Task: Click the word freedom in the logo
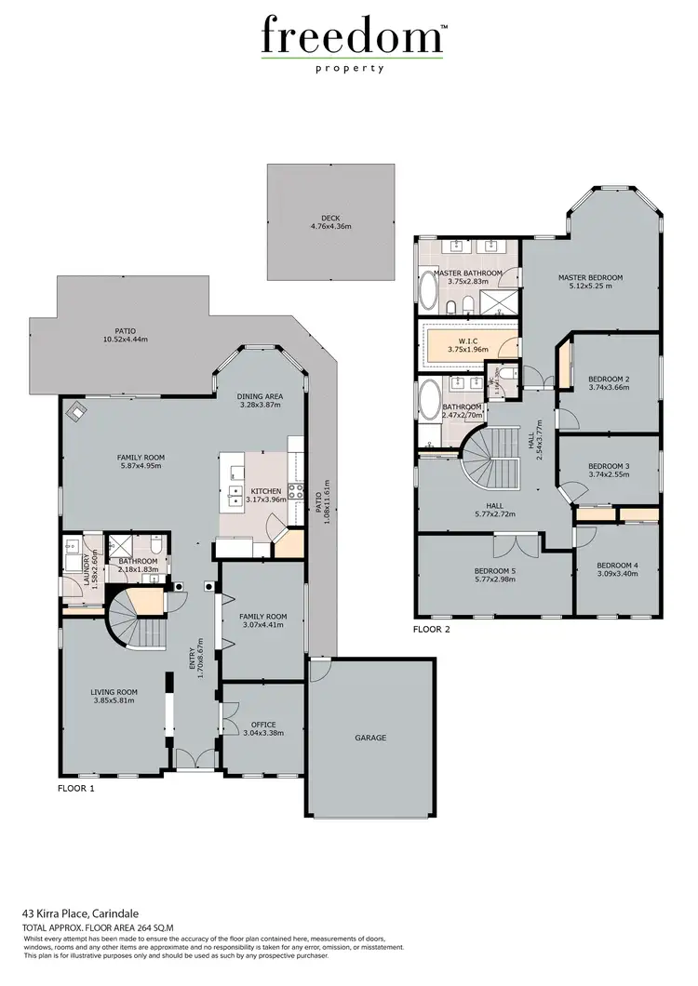(x=351, y=37)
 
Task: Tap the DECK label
(x=330, y=219)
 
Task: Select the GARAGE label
(x=370, y=738)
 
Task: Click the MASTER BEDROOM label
(x=590, y=277)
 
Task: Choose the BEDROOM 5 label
(x=494, y=570)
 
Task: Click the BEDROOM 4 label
(x=617, y=566)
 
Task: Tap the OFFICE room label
(x=264, y=725)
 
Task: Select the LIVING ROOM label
(x=114, y=692)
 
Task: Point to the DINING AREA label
(x=261, y=396)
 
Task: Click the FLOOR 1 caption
(x=76, y=788)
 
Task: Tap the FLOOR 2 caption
(x=432, y=630)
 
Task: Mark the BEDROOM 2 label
(x=610, y=379)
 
